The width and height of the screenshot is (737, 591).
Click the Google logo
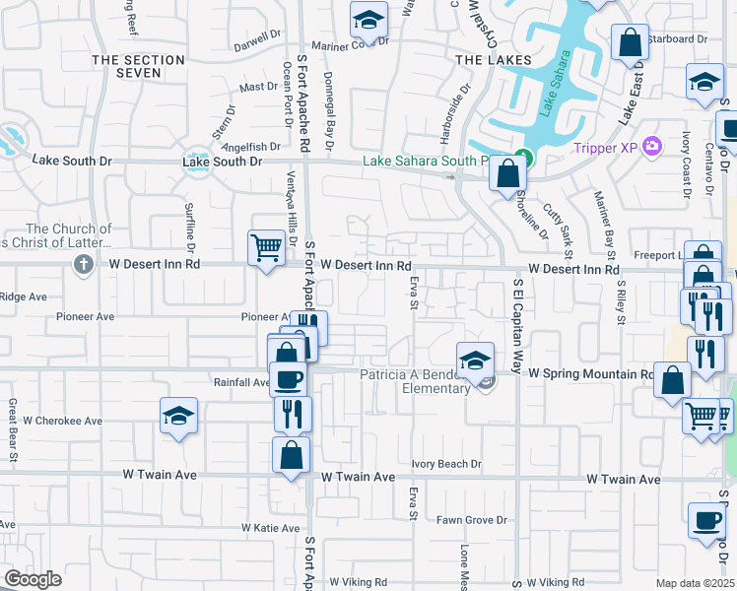coord(33,579)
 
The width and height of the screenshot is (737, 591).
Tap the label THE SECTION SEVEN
coord(138,67)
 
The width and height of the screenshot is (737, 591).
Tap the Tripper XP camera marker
coord(651,148)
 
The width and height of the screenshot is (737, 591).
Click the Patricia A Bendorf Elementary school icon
coord(475,360)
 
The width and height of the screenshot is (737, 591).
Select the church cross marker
coord(83,264)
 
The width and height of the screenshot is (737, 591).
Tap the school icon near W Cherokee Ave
coord(179,415)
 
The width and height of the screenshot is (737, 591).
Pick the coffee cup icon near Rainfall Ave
coord(288,379)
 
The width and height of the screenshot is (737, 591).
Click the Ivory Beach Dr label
coord(446,464)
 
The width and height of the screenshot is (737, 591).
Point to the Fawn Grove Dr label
coord(472,520)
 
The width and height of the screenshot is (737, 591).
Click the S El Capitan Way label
coord(516,325)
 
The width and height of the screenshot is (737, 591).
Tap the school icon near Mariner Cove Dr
coord(368,18)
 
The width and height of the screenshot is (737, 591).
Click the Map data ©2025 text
coord(696,583)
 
